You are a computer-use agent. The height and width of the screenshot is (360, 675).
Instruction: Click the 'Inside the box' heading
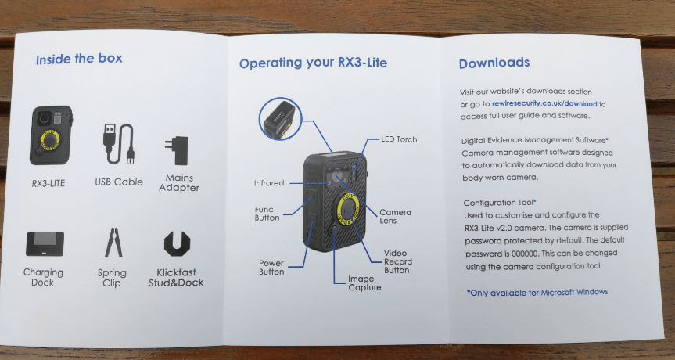79,59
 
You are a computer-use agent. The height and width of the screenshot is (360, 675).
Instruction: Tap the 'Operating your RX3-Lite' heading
313,63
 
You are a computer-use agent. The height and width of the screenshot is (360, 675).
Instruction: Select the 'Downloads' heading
494,63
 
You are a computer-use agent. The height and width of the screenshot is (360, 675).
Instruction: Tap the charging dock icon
44,243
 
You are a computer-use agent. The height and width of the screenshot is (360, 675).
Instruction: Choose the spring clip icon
112,243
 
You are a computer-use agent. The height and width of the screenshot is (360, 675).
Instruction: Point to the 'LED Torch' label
399,139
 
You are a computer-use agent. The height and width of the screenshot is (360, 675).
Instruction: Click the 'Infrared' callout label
269,183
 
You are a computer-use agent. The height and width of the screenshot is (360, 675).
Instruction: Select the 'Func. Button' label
267,213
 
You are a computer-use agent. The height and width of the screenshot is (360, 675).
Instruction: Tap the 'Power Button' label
271,267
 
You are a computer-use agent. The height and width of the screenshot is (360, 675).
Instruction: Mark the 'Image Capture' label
365,283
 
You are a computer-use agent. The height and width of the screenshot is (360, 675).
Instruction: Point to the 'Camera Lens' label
395,216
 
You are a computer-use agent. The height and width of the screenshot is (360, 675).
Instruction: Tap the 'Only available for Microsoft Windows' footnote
537,292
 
